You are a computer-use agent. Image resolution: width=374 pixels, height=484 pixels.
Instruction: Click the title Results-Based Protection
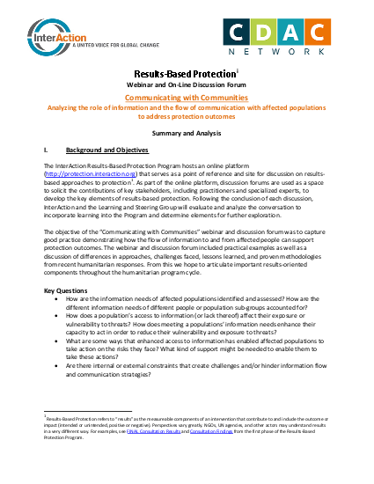coord(185,77)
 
